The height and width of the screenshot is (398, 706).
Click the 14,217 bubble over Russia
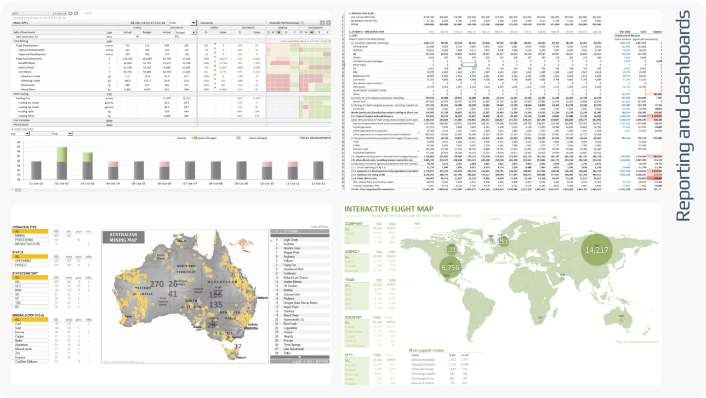click(x=596, y=250)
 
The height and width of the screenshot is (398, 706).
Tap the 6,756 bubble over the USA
click(x=450, y=268)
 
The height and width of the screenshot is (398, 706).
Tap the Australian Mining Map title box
click(x=123, y=237)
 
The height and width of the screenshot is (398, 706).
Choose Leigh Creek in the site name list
click(x=291, y=240)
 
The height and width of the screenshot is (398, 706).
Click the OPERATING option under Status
click(x=25, y=260)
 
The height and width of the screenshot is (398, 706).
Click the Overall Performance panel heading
click(x=284, y=23)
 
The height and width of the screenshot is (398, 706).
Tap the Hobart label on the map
click(x=240, y=357)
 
